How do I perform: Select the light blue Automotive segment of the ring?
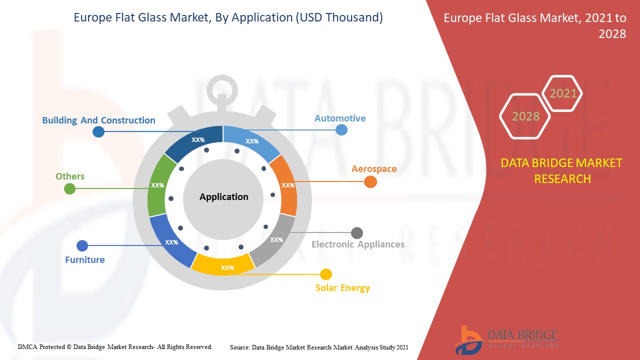coord(251,143)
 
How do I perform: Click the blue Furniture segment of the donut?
coord(171,240)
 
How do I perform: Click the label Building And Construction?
coord(98,120)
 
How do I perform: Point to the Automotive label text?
coord(340,118)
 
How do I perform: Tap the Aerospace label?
coord(374,169)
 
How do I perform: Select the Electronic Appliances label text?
coord(357,244)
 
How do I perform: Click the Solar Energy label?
coord(342,287)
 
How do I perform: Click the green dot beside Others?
coord(69,189)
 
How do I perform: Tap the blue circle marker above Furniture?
coord(82,245)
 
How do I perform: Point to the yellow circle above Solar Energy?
coord(325,274)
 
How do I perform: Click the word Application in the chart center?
coord(223,197)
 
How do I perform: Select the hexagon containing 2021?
coord(562,93)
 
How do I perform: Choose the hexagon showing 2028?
coord(525,116)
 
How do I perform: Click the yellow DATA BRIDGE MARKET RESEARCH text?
coord(561,171)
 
